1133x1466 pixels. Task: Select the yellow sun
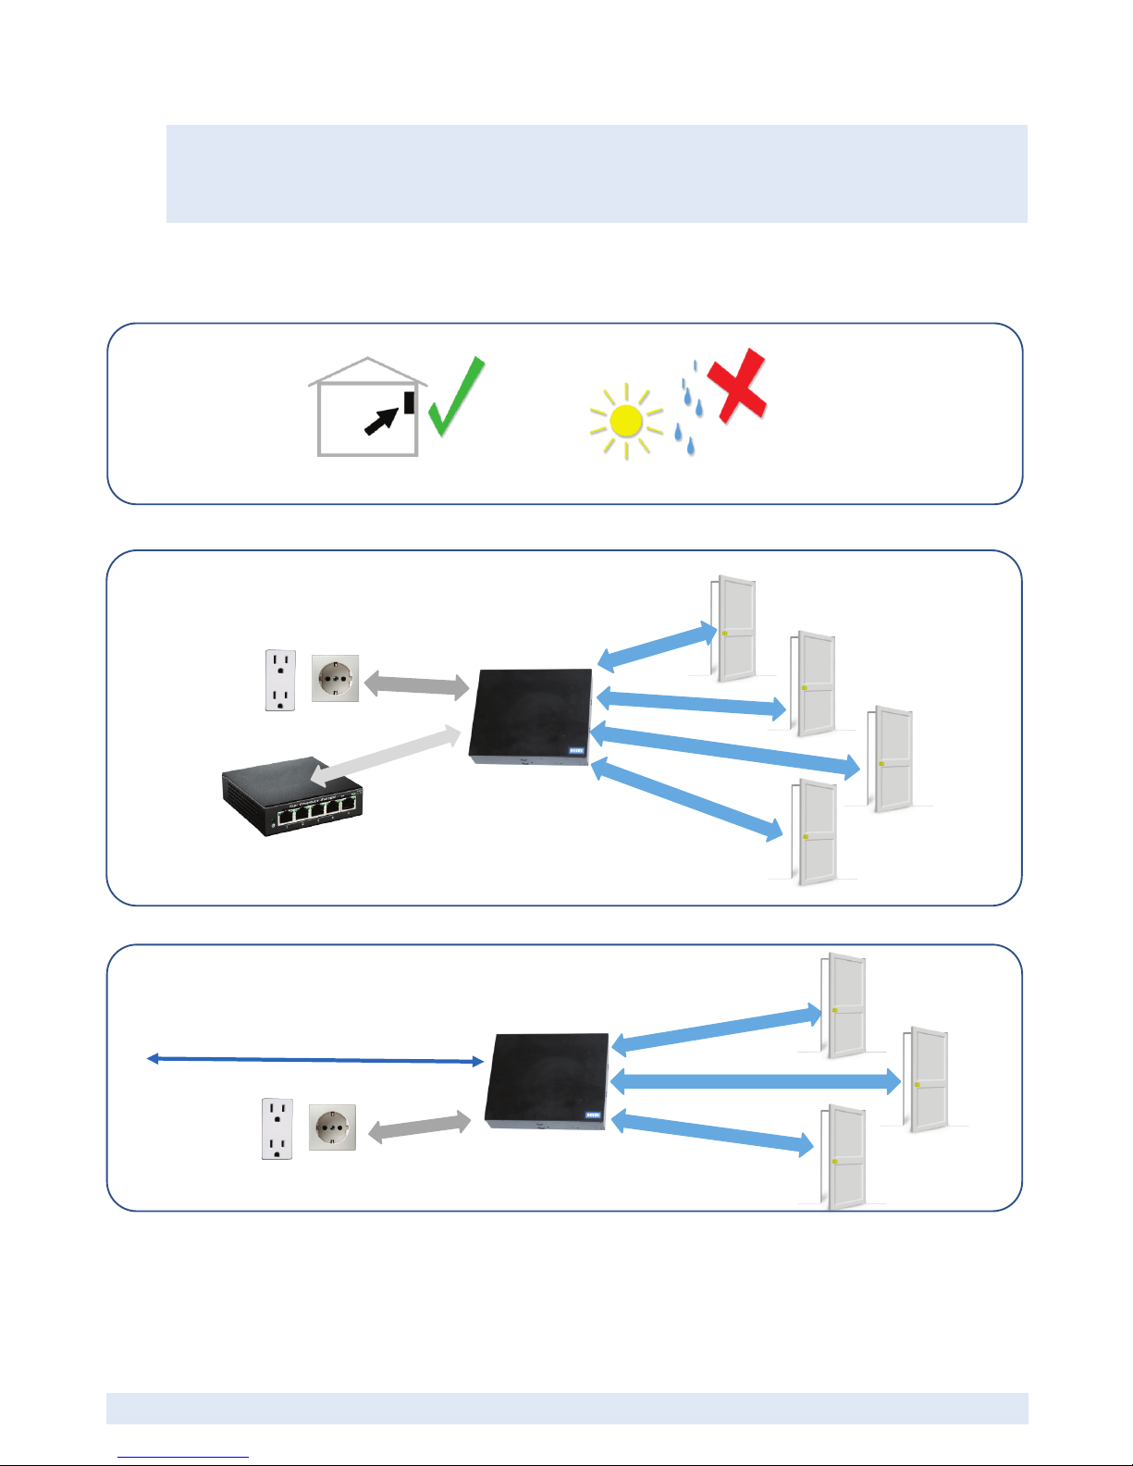click(626, 422)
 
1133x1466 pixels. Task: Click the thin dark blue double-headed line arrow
click(315, 1060)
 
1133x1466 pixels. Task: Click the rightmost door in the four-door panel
click(892, 758)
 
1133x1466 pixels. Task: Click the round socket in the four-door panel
click(335, 678)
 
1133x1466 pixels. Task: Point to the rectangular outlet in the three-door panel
click(277, 1128)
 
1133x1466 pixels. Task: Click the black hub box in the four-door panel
click(530, 715)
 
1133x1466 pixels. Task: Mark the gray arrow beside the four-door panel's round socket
click(416, 685)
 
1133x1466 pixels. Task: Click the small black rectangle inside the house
click(409, 402)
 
